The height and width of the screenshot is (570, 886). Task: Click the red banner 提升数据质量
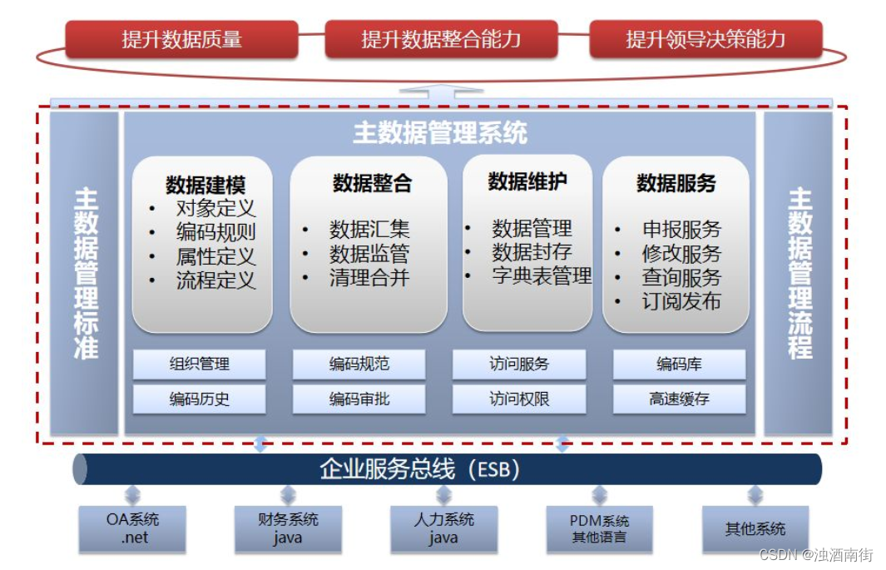point(181,39)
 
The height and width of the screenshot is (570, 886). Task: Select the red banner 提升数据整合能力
point(441,39)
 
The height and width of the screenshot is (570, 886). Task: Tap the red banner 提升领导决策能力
point(705,39)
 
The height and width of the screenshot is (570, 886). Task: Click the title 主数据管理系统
point(440,133)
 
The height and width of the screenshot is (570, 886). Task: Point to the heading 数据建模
point(205,185)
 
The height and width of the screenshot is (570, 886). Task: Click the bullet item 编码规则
point(215,232)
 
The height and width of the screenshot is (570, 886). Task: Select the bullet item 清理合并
point(369,277)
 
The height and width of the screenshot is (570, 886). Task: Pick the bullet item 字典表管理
point(542,275)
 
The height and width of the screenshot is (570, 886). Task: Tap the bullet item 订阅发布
point(681,301)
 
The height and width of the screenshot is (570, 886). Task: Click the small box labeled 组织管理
point(200,364)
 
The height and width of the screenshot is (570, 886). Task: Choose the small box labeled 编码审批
point(359,399)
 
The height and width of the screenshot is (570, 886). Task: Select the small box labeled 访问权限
point(519,399)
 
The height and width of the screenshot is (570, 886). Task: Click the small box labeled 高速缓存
point(680,399)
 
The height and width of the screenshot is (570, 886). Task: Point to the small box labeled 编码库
point(680,364)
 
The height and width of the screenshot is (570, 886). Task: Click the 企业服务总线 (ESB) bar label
point(420,469)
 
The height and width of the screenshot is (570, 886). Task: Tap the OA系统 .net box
point(133,529)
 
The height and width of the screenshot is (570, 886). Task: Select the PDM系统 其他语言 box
point(600,529)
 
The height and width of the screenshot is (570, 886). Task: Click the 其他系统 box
point(755,529)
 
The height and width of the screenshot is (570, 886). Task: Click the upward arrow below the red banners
point(441,92)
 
